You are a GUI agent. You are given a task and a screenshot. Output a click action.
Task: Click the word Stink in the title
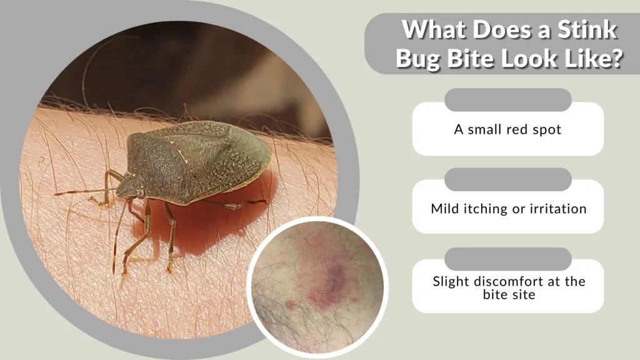(584, 29)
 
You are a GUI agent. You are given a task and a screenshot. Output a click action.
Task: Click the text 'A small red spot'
(507, 130)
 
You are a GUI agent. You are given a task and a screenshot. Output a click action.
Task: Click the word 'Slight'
(451, 281)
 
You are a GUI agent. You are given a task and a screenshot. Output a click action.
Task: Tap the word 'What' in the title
(431, 29)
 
